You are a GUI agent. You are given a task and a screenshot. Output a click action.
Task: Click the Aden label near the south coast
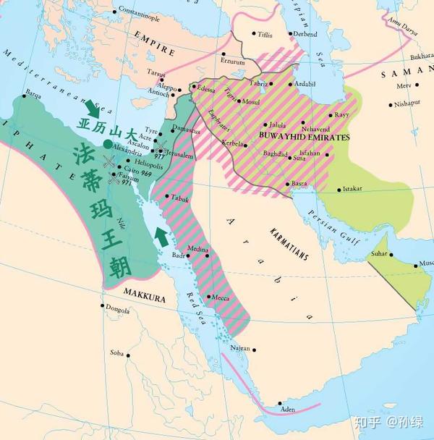point(288,410)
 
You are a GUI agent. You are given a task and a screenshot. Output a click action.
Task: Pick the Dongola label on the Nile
point(117,309)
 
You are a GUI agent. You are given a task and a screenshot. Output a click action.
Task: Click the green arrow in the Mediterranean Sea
point(92,109)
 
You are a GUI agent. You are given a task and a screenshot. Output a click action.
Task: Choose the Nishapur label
point(407,103)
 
